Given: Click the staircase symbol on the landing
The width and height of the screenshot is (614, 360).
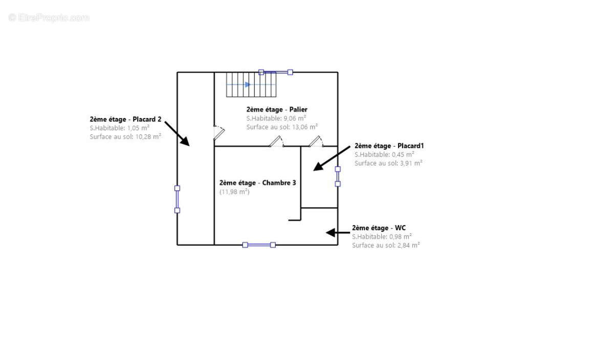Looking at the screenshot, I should [251, 84].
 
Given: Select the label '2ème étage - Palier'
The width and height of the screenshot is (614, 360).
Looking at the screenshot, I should [276, 109].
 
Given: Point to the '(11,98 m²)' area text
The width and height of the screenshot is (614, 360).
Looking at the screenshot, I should [234, 192].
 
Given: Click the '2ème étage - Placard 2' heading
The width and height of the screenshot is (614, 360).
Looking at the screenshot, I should [125, 119].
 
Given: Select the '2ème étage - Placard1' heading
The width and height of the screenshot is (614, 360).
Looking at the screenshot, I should [389, 146].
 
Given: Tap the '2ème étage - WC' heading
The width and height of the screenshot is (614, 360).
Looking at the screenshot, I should [379, 228].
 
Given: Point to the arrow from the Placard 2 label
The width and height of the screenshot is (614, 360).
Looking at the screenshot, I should [177, 134].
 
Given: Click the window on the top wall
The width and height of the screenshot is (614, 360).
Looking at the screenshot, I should [275, 72].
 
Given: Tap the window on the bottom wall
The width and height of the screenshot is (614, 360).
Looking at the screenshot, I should [259, 245].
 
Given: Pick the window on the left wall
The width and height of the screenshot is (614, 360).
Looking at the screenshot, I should [178, 199].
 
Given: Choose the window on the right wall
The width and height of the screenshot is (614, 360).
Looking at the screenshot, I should [338, 176].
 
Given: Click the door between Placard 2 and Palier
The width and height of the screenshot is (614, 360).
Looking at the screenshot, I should [218, 132].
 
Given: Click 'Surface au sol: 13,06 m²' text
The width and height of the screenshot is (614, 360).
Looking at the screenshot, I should [282, 127].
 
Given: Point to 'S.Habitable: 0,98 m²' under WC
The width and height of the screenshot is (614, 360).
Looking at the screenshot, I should [382, 236].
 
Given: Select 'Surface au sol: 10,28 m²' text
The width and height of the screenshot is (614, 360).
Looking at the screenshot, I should [125, 137].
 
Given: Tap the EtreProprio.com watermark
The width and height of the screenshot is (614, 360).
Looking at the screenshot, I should [49, 18].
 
